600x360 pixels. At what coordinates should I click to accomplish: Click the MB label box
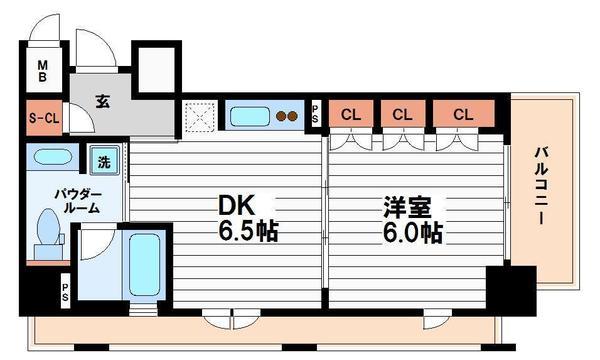click(x=43, y=72)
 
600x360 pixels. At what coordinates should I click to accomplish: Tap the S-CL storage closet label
click(x=43, y=117)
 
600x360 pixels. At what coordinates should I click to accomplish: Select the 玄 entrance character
click(x=103, y=101)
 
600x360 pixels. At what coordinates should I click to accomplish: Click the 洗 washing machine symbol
click(x=105, y=158)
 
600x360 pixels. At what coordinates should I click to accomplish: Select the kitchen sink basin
click(x=249, y=116)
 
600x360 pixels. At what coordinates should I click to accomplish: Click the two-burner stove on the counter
click(x=288, y=116)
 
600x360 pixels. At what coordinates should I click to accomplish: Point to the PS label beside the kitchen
click(x=316, y=114)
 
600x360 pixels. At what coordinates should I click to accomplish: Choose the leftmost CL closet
click(x=351, y=115)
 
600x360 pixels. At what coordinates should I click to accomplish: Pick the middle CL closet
click(x=401, y=115)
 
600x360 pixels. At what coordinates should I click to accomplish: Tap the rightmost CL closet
click(x=461, y=115)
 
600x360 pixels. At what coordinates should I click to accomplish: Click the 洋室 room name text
click(x=407, y=207)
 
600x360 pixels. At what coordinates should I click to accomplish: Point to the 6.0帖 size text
click(x=411, y=233)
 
